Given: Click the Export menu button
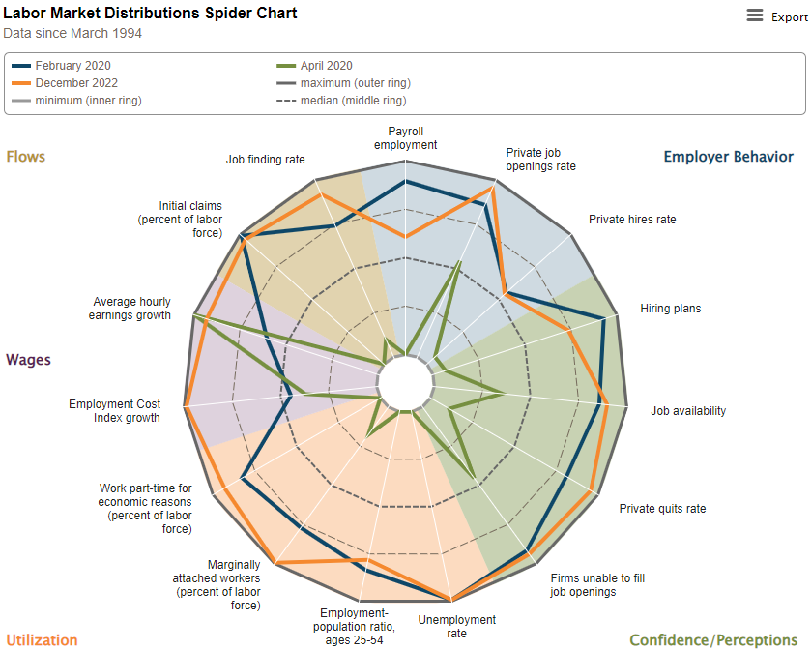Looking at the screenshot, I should coord(776,16).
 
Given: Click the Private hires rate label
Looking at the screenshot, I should coord(632,220).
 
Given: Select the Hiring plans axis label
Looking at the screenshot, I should coord(670,309).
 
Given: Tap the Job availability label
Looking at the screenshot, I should coord(688,411).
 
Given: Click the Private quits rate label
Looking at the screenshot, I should coord(662,509).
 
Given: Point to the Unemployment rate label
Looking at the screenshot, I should coord(457,626).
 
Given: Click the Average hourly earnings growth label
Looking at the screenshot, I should coord(130,309).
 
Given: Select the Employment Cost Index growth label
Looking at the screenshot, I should coord(114,411).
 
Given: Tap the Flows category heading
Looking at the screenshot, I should coord(26,157).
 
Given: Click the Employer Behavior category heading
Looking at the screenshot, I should coord(728,157).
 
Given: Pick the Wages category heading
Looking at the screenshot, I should coord(29,360).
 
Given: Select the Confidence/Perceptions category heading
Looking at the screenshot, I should coord(713,640).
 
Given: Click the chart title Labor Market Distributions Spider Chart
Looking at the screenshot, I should coord(150,14).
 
